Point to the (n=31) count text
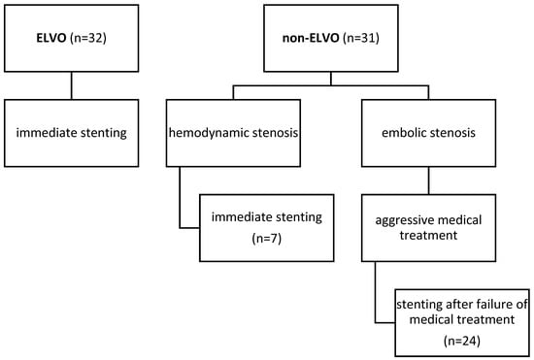tap(356, 42)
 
